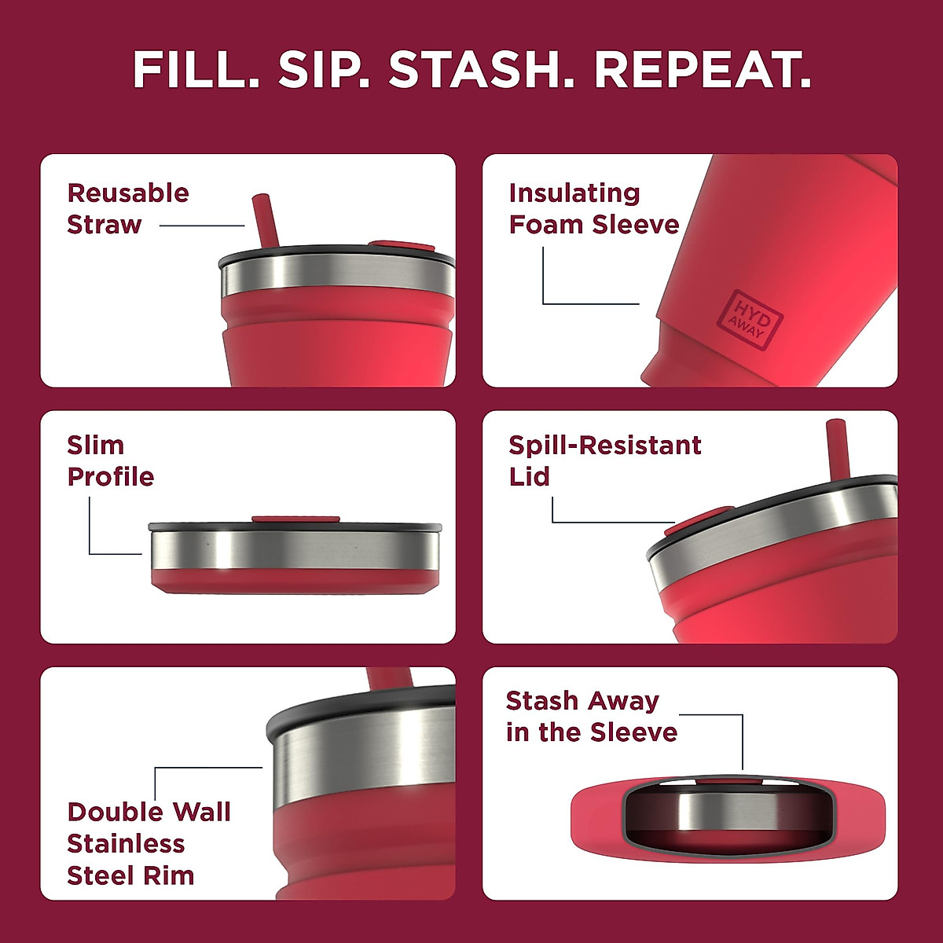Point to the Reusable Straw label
pos(127,209)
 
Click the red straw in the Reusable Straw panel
pos(265,220)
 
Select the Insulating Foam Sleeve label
pos(593,209)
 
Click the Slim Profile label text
pos(110,461)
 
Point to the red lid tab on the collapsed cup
pos(295,519)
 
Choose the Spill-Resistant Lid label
pos(604,460)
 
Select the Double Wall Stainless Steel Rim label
pos(148,843)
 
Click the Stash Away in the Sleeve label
pos(591,717)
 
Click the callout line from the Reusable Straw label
pos(202,226)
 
